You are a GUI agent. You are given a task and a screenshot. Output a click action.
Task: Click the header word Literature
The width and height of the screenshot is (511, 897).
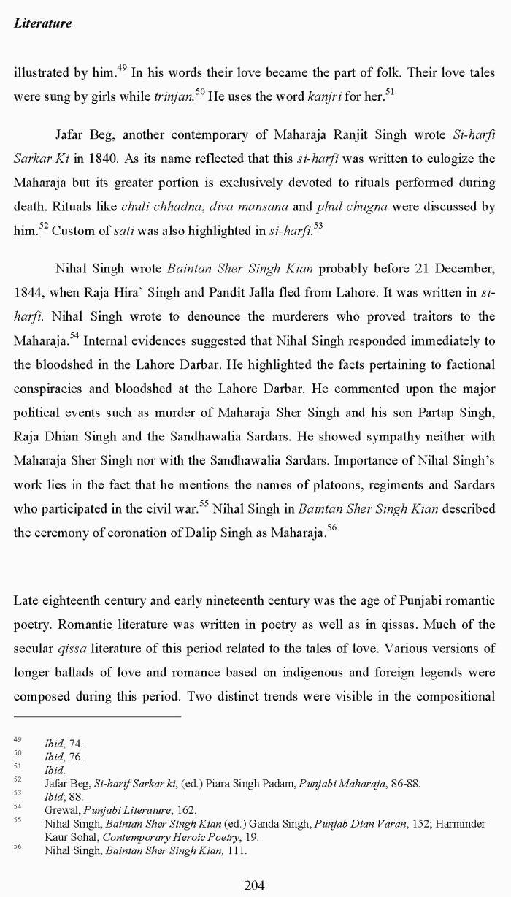point(42,23)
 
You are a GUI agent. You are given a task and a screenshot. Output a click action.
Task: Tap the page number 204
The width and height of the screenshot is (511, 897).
point(254,885)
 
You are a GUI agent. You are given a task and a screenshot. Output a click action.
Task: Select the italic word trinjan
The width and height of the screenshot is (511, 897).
point(173,96)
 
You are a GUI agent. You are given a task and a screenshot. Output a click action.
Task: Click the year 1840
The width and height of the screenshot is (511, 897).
point(148,159)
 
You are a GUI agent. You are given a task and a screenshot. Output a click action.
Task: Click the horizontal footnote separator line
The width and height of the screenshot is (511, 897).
point(97,717)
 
